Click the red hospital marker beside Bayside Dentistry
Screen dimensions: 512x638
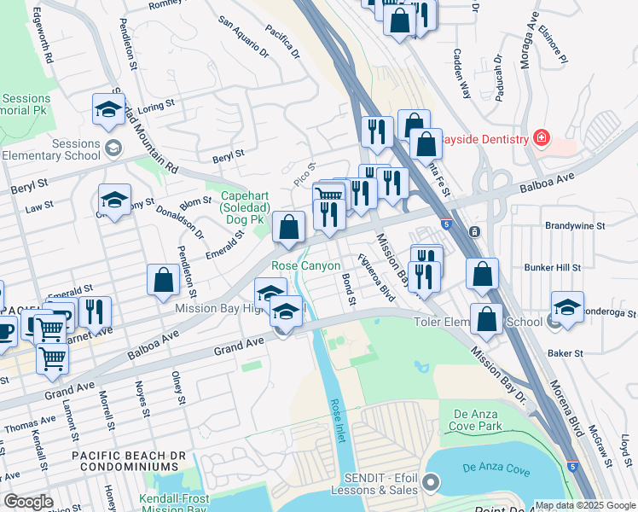click(x=539, y=137)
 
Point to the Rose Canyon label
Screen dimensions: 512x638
click(x=306, y=266)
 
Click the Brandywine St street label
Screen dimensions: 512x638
click(x=575, y=227)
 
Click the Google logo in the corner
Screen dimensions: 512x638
click(x=28, y=502)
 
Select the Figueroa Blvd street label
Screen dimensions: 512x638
click(x=376, y=278)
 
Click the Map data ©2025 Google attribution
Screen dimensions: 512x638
click(x=584, y=505)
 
